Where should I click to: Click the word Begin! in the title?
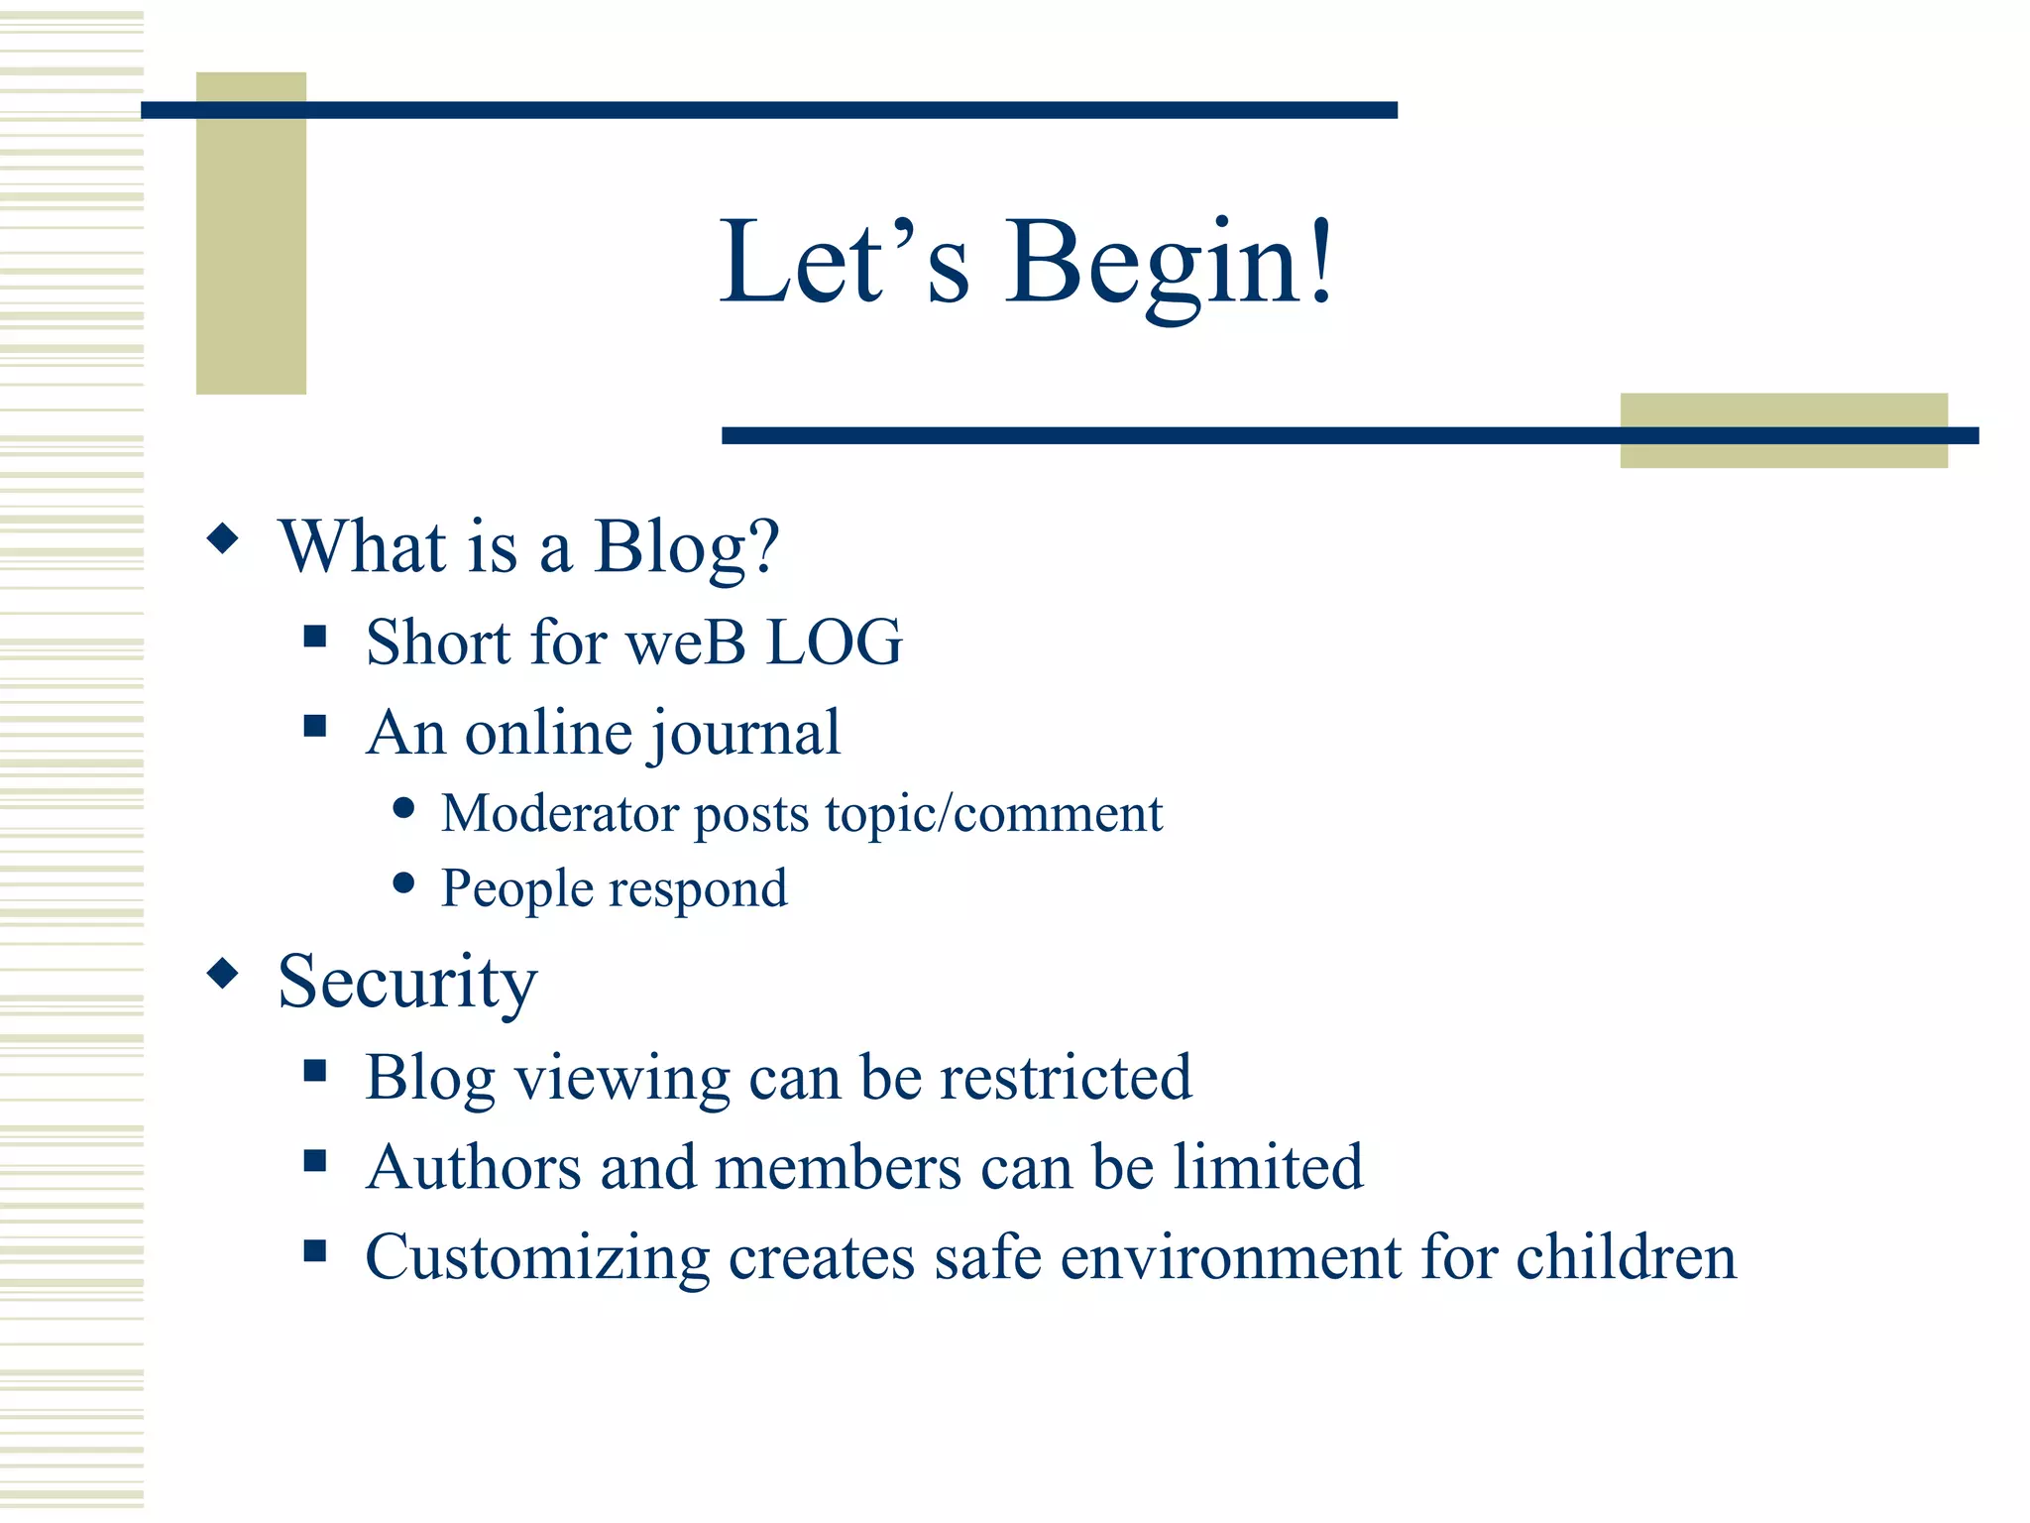point(1170,264)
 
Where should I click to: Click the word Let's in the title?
point(845,264)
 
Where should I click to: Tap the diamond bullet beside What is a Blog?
point(223,539)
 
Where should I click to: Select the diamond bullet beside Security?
point(223,974)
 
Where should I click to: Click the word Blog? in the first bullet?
point(686,547)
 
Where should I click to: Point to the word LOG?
point(835,643)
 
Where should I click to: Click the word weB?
point(686,643)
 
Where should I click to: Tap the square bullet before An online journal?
point(315,727)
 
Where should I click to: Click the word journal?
point(745,735)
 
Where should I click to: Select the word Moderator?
point(560,814)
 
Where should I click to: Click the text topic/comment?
point(993,814)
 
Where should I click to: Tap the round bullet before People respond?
point(403,882)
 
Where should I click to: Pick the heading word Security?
point(407,982)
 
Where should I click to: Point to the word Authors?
point(473,1167)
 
